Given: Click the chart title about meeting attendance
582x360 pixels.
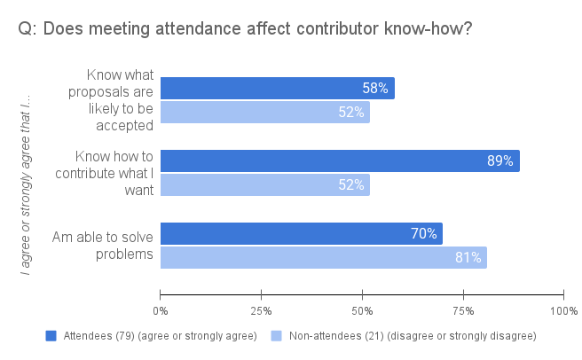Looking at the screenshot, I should [x=244, y=29].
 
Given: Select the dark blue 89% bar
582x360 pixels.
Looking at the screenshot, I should [x=339, y=160].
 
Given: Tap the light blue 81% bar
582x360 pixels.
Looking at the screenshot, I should [x=323, y=257].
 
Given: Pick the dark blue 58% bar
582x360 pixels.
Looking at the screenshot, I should [x=277, y=88].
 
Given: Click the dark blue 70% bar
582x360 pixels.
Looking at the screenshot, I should [x=301, y=234].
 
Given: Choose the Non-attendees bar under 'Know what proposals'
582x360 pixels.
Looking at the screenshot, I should [x=264, y=112].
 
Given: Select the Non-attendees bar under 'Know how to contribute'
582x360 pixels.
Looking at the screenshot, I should [x=264, y=184].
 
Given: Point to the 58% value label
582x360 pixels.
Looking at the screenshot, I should [x=375, y=88].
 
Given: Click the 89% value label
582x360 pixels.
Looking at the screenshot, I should [x=500, y=160].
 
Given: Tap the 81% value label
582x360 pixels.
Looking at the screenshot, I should [x=468, y=257].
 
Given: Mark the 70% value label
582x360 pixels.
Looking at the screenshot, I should [x=424, y=234].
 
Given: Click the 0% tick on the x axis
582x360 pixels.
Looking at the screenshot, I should [x=161, y=310].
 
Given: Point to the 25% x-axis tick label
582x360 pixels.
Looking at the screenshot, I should [x=261, y=310].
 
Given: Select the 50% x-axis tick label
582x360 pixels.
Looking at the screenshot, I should [x=362, y=310].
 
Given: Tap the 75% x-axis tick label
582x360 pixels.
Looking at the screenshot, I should [x=462, y=310].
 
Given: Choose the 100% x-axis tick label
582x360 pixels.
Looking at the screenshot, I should [x=562, y=310].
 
